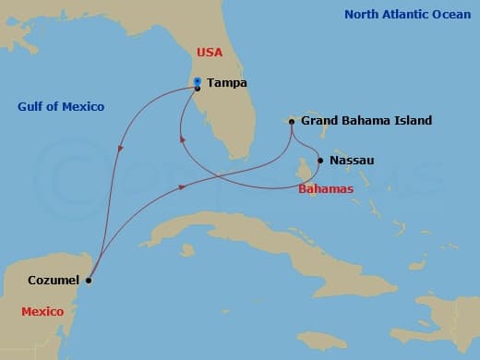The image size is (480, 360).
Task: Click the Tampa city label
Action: coord(226,82)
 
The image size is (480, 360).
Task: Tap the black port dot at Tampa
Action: coord(198,89)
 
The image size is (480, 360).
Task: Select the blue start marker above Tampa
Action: coord(198,81)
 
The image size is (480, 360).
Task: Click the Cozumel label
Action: coord(53,280)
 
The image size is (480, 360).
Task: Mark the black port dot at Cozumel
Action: coord(88,280)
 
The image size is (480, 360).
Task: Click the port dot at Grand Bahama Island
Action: coord(292,121)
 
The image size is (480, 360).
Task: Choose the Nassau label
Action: coord(352,161)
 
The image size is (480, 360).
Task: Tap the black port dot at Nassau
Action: coord(320,161)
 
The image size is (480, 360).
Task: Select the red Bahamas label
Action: coord(326,189)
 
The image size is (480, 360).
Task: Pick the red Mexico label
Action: coord(42,312)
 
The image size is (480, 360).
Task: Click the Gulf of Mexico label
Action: coord(61,107)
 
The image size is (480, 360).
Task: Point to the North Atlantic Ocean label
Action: coord(406,15)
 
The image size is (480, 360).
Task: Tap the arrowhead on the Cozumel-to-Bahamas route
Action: coord(182,187)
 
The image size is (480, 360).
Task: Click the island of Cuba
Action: coord(231,226)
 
